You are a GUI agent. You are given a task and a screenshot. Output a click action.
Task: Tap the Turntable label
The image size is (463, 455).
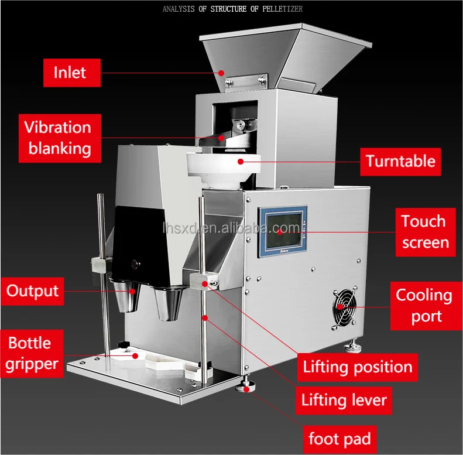point(400,161)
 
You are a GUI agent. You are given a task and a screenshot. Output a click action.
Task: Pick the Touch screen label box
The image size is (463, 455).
point(425,232)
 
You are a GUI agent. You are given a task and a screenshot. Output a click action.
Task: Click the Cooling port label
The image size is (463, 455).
point(424,306)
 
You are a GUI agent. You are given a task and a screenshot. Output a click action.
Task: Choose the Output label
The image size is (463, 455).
point(33,291)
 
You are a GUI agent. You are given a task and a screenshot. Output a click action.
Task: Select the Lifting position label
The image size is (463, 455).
point(357,368)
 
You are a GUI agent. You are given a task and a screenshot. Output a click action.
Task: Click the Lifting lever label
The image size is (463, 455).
point(344,401)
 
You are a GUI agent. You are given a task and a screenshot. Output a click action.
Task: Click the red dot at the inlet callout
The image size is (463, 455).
point(222,73)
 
